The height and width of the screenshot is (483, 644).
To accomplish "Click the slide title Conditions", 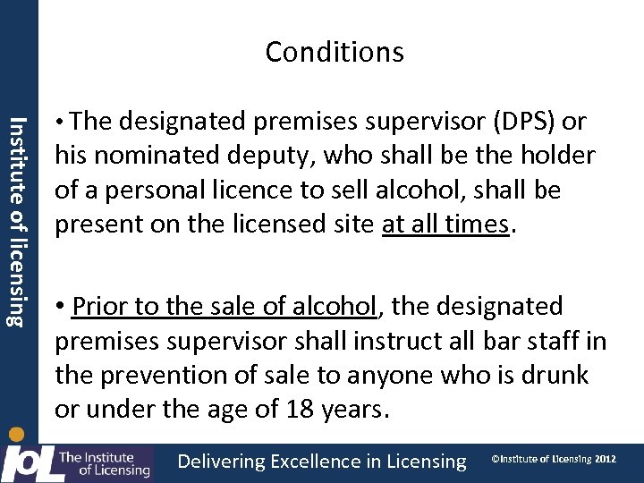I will (335, 52).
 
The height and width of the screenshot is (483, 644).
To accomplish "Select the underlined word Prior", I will (101, 306).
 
